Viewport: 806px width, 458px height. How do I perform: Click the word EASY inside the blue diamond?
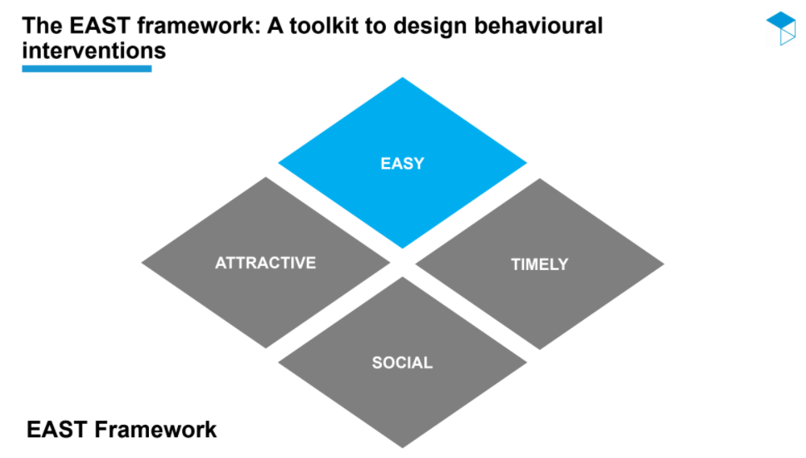click(x=403, y=163)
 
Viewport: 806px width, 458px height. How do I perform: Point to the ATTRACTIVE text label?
click(x=265, y=263)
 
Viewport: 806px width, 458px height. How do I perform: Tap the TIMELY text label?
click(x=540, y=264)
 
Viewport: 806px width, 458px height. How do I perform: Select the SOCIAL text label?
click(x=403, y=362)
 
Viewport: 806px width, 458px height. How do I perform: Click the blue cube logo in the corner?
click(x=781, y=28)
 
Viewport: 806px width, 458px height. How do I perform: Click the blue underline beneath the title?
click(x=87, y=69)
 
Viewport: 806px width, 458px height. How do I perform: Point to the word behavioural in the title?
click(x=538, y=26)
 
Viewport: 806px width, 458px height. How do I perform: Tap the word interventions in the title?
click(x=94, y=51)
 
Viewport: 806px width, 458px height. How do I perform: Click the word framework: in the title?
click(x=199, y=26)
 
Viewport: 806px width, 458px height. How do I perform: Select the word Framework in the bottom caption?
click(x=156, y=429)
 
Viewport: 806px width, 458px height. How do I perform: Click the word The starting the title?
click(x=42, y=26)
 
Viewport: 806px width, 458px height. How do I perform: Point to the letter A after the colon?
click(x=275, y=26)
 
